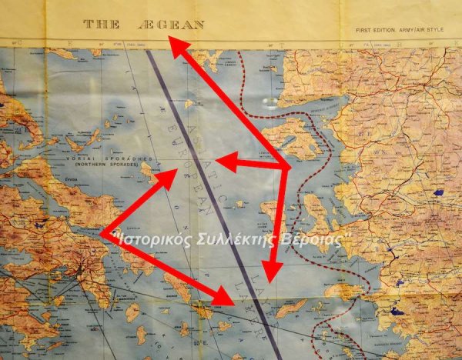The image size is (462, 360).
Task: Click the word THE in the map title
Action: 101,25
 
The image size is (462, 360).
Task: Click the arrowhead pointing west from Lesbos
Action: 222,161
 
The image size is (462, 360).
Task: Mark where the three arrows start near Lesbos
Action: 286,167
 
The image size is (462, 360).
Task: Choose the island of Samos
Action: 343,292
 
